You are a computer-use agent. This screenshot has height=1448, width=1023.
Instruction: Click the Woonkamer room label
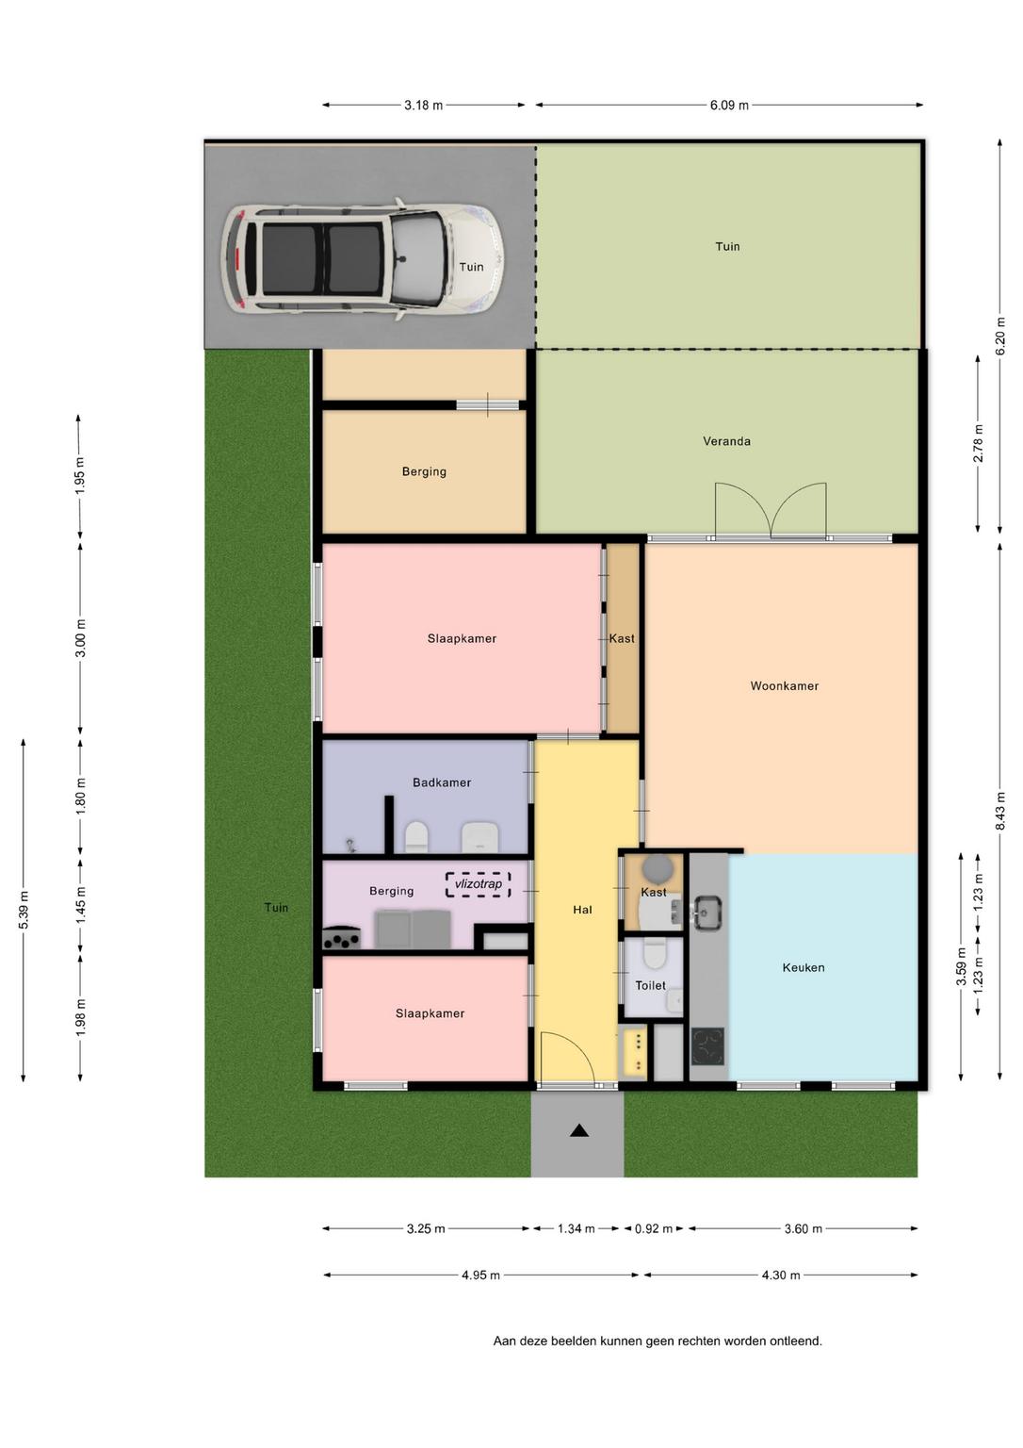point(784,686)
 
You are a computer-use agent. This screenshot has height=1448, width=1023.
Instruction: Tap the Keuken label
point(803,968)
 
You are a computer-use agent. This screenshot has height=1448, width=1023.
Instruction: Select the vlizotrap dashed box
point(478,884)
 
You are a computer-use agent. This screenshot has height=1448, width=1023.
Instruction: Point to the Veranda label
point(726,441)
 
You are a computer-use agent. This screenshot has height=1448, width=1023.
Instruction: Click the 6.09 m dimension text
point(729,106)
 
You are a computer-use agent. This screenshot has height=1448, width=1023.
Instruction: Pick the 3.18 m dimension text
point(424,106)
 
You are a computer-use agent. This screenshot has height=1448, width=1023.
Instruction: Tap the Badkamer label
point(442,782)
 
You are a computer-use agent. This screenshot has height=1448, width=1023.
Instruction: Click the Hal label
point(582,910)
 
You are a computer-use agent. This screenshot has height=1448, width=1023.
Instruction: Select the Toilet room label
point(650,985)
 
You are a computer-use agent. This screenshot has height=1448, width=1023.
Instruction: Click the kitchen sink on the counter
point(706,913)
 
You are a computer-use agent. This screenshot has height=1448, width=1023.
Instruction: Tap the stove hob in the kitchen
point(707,1046)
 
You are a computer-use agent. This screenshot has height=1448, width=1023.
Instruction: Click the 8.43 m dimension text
point(1000,812)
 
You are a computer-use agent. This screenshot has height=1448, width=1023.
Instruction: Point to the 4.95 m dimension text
point(480,1275)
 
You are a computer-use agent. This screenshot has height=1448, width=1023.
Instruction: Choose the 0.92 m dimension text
point(654,1229)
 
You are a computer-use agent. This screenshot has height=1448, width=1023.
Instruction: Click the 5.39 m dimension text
point(24,910)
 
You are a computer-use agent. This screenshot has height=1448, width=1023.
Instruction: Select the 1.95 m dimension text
point(79,476)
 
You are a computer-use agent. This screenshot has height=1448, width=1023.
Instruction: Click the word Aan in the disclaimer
point(503,1341)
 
